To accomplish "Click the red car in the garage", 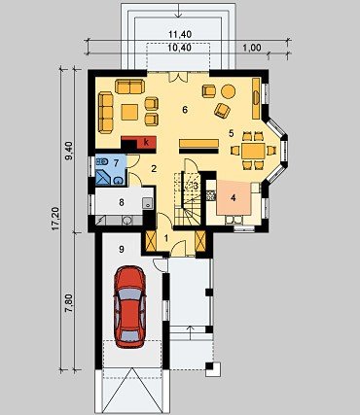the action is coord(130,307).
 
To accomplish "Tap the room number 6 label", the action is coord(185,110).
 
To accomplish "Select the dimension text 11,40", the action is coord(180,34).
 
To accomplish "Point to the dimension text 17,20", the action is coord(55,219).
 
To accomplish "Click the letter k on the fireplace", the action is coord(146,142).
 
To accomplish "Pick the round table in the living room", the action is coord(229,91).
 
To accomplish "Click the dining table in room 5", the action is coord(253,151).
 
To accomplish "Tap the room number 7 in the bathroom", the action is coord(116,162).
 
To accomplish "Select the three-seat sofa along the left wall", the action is coord(105,113).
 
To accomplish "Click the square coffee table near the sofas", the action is coord(129,112).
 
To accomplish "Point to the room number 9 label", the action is coord(122,249).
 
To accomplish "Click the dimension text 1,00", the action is coord(252,48).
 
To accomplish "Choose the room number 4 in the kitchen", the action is coord(234,198).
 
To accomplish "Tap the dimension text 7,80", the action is coord(69,302).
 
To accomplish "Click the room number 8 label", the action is coord(122,202).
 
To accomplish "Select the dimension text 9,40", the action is coord(69,150).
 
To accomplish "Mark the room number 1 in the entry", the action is coord(166,239).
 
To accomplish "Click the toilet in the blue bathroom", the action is coord(102,161).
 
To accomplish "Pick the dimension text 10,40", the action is coord(180,48).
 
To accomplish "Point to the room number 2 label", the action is coord(154,168).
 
